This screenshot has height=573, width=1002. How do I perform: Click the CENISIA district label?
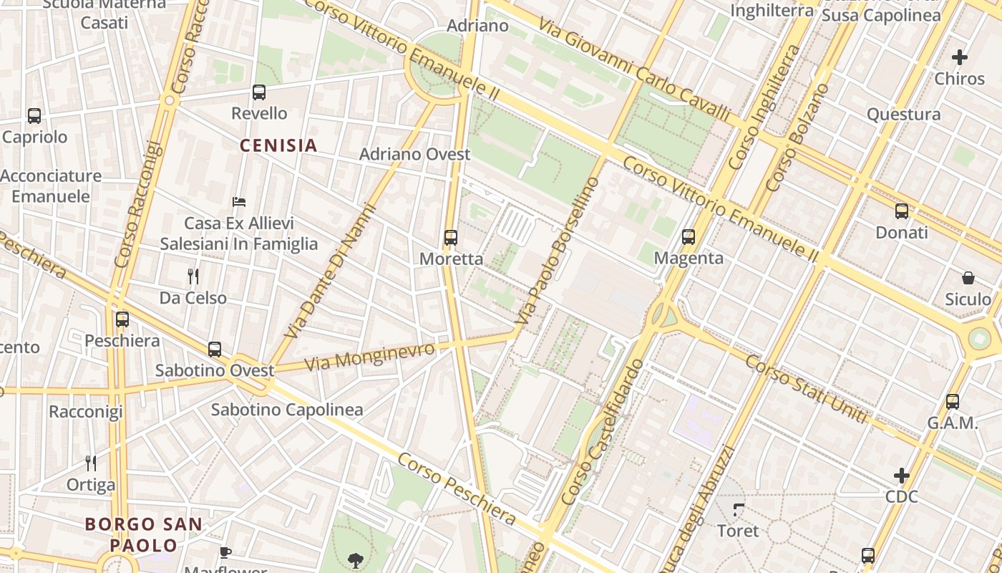pyautogui.click(x=278, y=146)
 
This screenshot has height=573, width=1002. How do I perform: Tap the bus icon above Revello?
pyautogui.click(x=259, y=92)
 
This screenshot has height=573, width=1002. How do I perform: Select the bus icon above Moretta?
pyautogui.click(x=450, y=238)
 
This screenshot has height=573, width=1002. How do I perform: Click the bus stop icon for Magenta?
pyautogui.click(x=689, y=236)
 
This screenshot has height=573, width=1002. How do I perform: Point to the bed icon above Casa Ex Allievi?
pyautogui.click(x=239, y=202)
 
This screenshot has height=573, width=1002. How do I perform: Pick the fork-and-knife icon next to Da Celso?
pyautogui.click(x=193, y=276)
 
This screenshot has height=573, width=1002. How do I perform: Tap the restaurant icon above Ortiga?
pyautogui.click(x=90, y=463)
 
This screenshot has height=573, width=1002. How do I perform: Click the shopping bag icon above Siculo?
pyautogui.click(x=968, y=278)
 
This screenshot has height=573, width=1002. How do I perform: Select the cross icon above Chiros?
pyautogui.click(x=960, y=57)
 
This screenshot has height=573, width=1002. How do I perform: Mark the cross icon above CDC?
pyautogui.click(x=901, y=475)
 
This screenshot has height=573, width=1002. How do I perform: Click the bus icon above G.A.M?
pyautogui.click(x=952, y=402)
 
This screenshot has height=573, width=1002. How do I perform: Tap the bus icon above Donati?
pyautogui.click(x=901, y=211)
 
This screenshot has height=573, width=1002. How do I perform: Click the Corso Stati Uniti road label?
pyautogui.click(x=805, y=387)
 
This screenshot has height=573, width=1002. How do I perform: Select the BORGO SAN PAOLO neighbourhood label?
pyautogui.click(x=143, y=534)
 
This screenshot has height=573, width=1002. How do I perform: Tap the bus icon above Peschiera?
pyautogui.click(x=122, y=319)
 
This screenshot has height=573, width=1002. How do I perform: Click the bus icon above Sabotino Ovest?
pyautogui.click(x=215, y=350)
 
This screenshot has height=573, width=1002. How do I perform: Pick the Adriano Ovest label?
pyautogui.click(x=414, y=154)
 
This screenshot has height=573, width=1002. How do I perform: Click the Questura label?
pyautogui.click(x=903, y=115)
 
